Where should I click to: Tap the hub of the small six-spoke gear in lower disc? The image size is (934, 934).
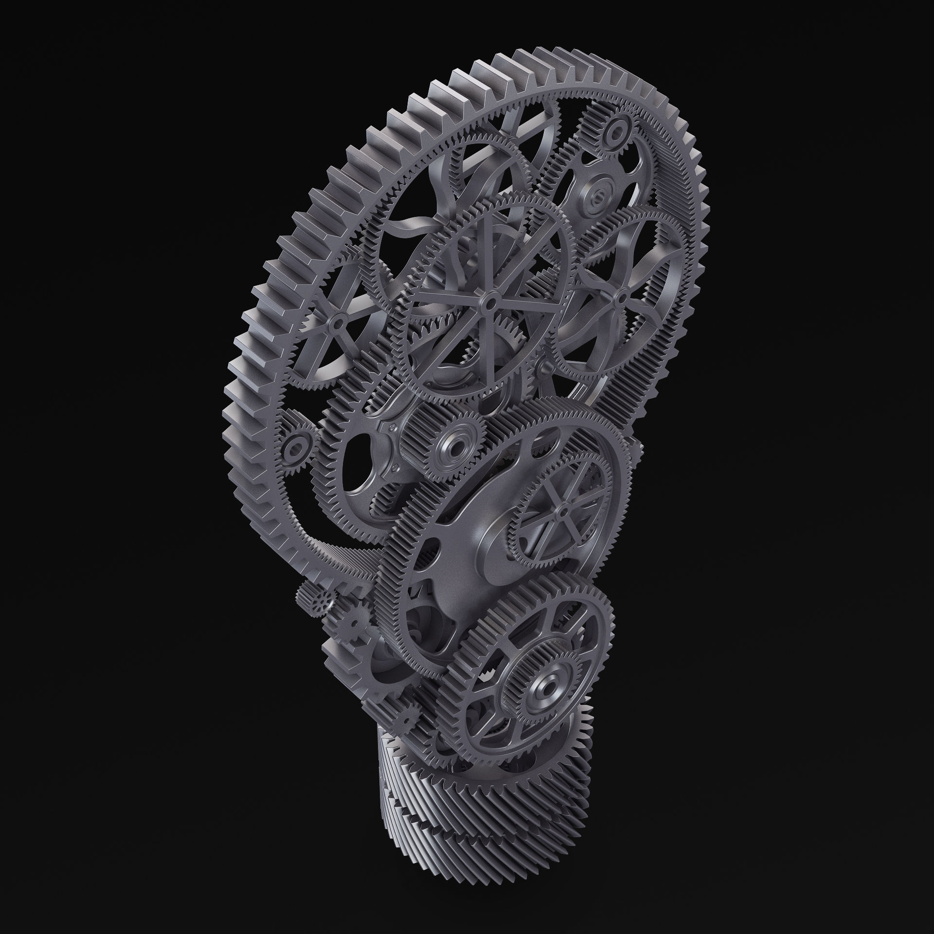click(563, 512)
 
